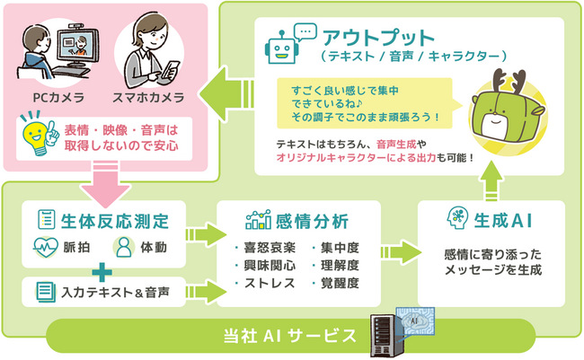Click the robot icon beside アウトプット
[281, 48]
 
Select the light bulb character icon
[40, 134]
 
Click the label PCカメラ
[58, 98]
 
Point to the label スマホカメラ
[148, 98]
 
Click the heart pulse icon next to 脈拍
[46, 247]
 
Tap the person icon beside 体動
[124, 247]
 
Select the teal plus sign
[102, 272]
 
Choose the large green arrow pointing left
[226, 94]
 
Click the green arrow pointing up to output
[491, 181]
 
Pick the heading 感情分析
[312, 221]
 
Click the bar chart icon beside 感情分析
[258, 220]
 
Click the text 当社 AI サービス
[290, 336]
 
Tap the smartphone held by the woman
[170, 70]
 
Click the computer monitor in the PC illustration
[78, 46]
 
